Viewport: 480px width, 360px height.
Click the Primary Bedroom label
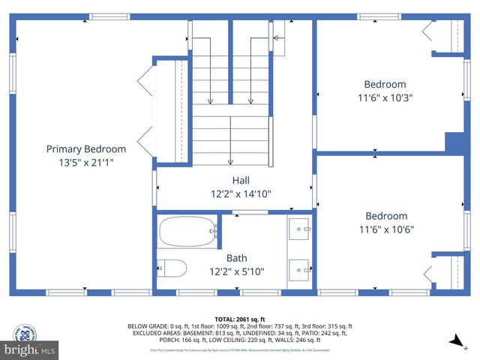coord(85,149)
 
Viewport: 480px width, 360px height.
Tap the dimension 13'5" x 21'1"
coord(85,162)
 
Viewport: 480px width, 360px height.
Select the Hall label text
coord(241,181)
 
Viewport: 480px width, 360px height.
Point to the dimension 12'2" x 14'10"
coord(241,193)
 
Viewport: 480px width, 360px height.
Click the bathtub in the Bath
coord(187,231)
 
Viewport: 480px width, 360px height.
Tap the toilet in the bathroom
coord(171,268)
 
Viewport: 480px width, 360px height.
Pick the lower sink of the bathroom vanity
coord(300,268)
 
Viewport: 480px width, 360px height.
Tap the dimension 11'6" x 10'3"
coord(385,97)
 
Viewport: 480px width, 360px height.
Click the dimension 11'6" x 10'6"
coord(385,229)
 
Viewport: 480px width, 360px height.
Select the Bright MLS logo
coord(30,349)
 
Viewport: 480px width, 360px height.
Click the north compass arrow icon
coord(456,342)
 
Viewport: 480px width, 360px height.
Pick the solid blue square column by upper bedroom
coord(454,142)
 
